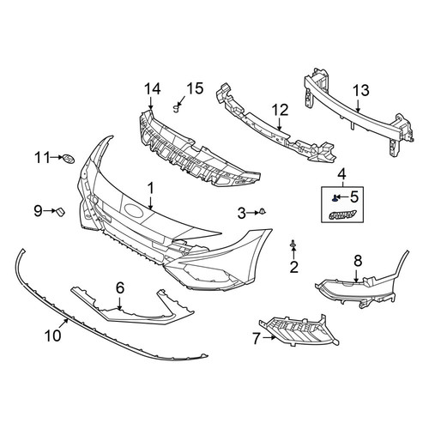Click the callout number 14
coord(152,89)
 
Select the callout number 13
coord(361,91)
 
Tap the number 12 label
coord(281,110)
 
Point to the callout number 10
coord(53,335)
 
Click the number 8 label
coord(358,261)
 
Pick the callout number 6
coord(120,287)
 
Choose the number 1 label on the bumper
coord(151,189)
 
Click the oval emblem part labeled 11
coord(68,158)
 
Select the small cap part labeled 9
coord(61,211)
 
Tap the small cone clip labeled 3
coord(263,212)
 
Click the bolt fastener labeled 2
coord(293,244)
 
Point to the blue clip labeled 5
coord(335,198)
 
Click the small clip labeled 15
coord(177,108)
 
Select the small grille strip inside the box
coord(342,214)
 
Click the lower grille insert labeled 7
coord(299,331)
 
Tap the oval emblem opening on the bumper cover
coord(134,210)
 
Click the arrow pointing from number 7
coord(269,338)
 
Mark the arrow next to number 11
coord(57,157)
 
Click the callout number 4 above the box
coord(342,173)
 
